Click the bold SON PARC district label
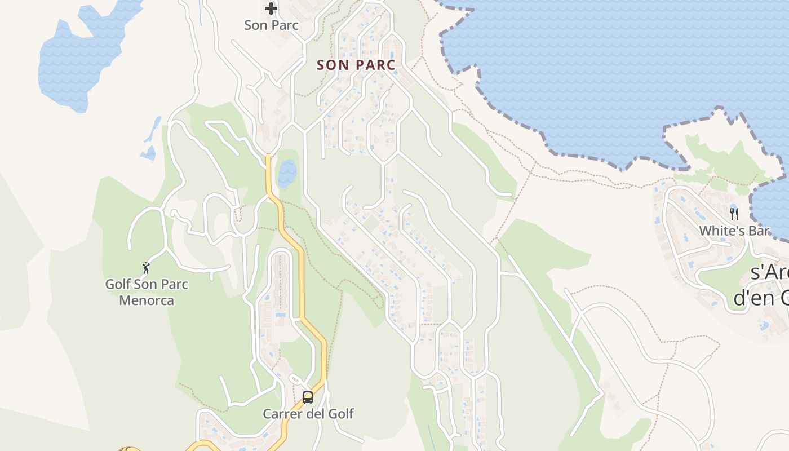[x=356, y=65]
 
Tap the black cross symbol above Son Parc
[x=271, y=8]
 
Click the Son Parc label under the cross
[x=271, y=25]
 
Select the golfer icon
[x=147, y=268]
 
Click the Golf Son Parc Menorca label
[x=147, y=292]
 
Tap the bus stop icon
[x=308, y=397]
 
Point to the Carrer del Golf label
[x=308, y=414]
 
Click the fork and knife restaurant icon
[x=734, y=214]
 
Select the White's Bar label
[x=734, y=231]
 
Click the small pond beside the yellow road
[x=287, y=173]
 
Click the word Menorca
[x=147, y=300]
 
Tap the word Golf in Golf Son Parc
[x=118, y=284]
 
